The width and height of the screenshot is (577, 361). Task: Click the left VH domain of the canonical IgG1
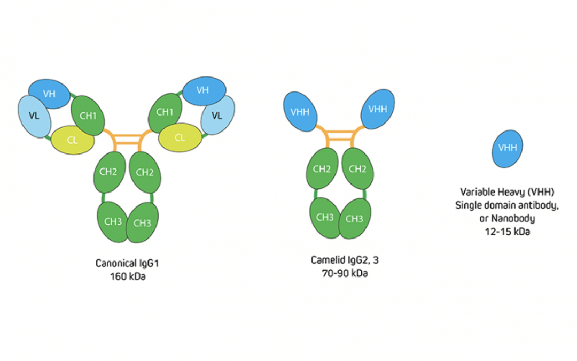pos(49,94)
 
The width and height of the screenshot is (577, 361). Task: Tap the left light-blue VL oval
pos(34,116)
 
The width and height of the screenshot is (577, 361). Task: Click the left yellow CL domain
pos(73,140)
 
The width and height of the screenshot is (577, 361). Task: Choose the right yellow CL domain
pos(180,137)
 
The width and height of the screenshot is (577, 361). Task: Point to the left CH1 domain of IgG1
pos(89,115)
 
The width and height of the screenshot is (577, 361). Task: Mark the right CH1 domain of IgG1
pos(165,112)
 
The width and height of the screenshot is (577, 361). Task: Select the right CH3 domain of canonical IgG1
pos(143,222)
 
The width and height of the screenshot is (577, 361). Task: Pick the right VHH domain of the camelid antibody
pos(378,109)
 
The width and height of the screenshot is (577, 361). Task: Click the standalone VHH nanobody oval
pos(507,148)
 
